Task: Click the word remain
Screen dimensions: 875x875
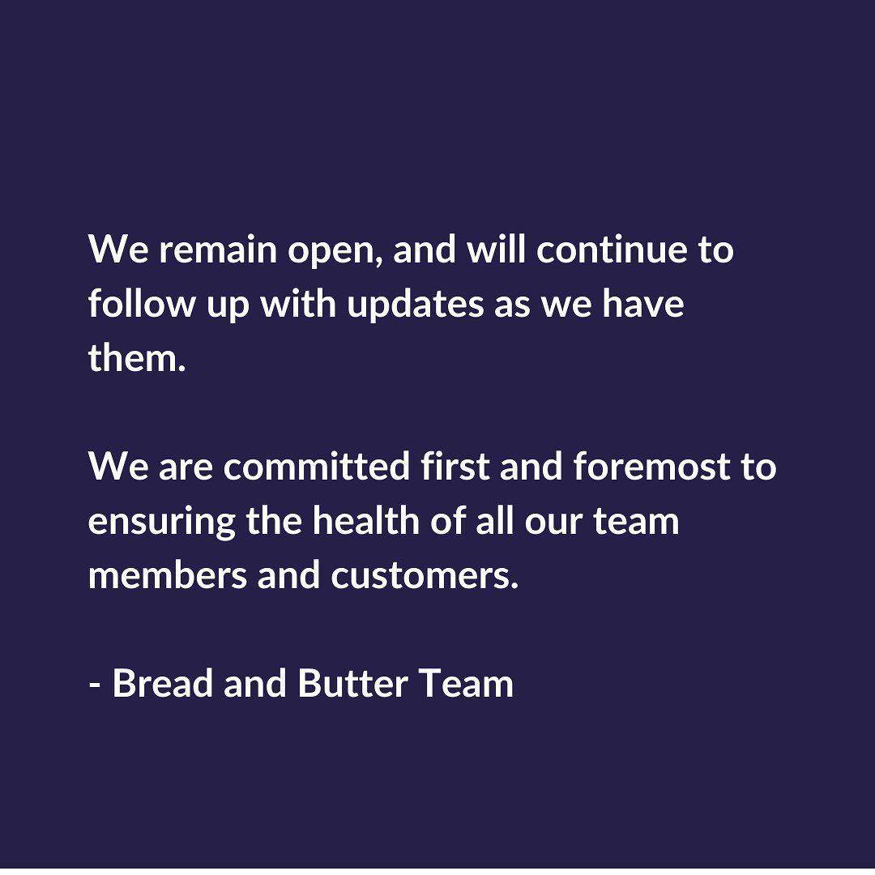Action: (218, 250)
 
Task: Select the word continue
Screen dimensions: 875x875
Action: (612, 250)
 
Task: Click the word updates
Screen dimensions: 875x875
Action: (415, 306)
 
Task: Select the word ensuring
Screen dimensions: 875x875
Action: (162, 523)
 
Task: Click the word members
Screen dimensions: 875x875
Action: (168, 574)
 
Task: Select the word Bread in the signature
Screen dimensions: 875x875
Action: (162, 682)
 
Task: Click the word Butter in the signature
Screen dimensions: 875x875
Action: (352, 682)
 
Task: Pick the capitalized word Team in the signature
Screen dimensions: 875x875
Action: (466, 682)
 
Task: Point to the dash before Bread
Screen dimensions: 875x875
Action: (94, 684)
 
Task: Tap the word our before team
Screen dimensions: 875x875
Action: (553, 523)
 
